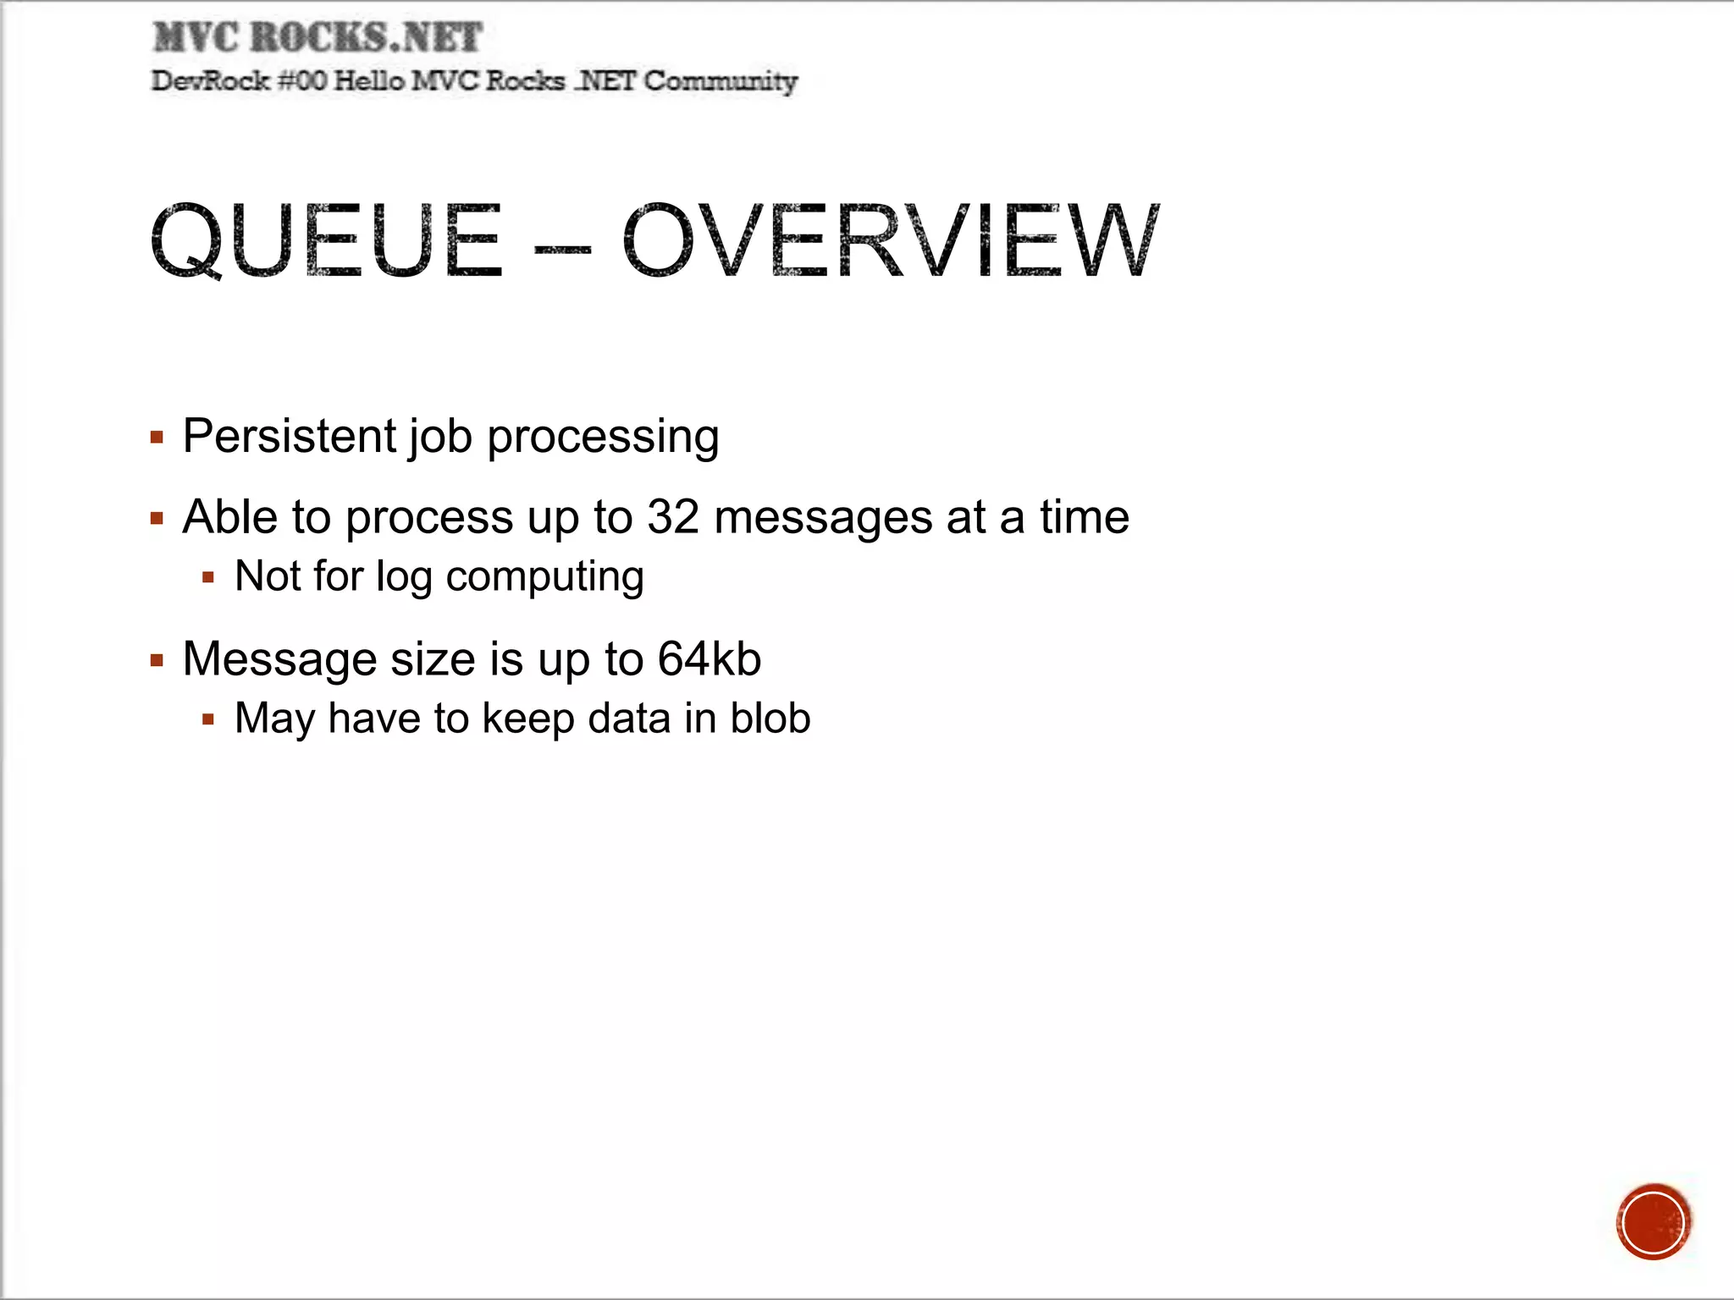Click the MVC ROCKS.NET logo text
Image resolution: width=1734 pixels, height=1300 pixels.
(318, 38)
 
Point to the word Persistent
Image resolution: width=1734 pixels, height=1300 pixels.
(290, 436)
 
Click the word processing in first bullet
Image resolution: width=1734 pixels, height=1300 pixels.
(603, 438)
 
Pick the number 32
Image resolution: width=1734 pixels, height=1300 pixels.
(673, 516)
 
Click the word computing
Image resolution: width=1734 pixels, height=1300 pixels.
(544, 578)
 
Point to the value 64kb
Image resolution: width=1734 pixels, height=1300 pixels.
(710, 658)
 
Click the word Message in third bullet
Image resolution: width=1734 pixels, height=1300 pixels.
(279, 659)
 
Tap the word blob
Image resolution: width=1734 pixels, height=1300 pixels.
(770, 718)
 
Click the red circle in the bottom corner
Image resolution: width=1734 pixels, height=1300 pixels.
(1653, 1222)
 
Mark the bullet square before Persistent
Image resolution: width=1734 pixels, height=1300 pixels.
(157, 438)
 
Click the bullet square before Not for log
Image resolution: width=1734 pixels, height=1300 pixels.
(208, 578)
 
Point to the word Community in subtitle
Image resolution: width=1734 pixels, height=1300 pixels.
(720, 82)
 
